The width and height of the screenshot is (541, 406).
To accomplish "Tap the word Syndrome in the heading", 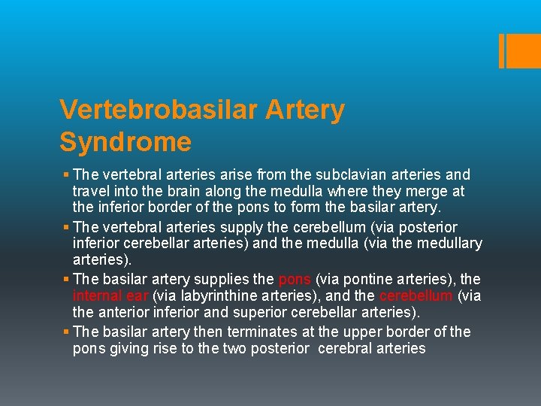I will pyautogui.click(x=125, y=141).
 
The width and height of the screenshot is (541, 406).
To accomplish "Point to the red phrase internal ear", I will pyautogui.click(x=110, y=295).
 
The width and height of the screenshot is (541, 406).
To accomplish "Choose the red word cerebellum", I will pyautogui.click(x=416, y=295).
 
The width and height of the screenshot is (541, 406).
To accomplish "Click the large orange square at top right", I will pyautogui.click(x=520, y=51).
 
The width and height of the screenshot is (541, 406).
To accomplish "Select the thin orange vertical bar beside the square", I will pyautogui.click(x=501, y=51).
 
